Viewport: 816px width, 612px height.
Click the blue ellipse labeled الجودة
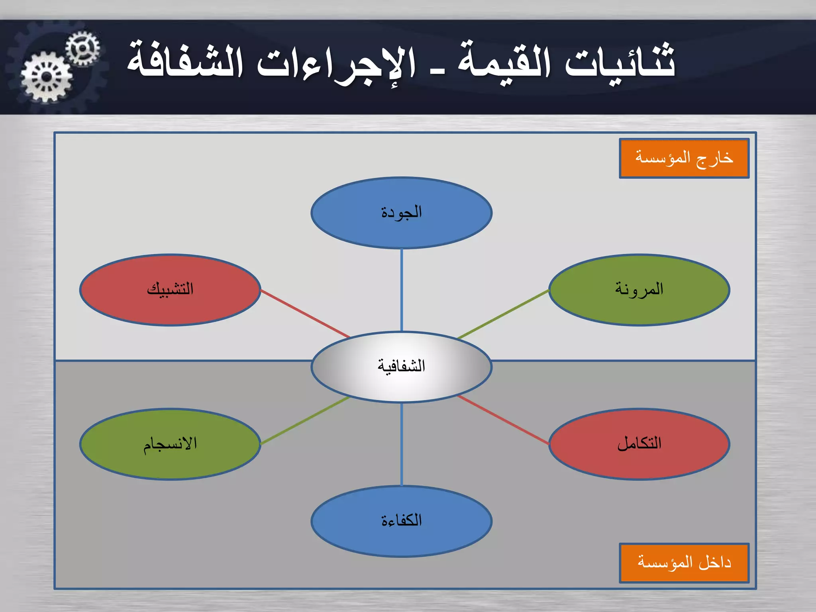[x=401, y=213]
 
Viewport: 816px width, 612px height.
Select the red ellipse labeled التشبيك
[x=170, y=290]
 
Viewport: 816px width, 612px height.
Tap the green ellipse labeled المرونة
[x=639, y=290]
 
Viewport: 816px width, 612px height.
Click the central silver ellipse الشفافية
[x=401, y=367]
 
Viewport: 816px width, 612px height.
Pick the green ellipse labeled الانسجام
[x=170, y=444]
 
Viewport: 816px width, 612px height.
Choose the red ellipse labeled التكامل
[x=639, y=444]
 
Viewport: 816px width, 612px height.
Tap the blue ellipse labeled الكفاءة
[x=401, y=521]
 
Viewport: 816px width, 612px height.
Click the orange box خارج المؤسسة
[x=684, y=158]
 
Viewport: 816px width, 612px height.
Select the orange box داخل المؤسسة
[x=684, y=563]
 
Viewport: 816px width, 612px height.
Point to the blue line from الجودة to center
[x=401, y=290]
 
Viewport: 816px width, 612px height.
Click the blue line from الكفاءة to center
[x=401, y=444]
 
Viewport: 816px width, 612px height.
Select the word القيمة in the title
[x=504, y=62]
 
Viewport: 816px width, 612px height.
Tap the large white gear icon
[x=47, y=77]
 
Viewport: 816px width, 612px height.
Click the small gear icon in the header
[x=82, y=49]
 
